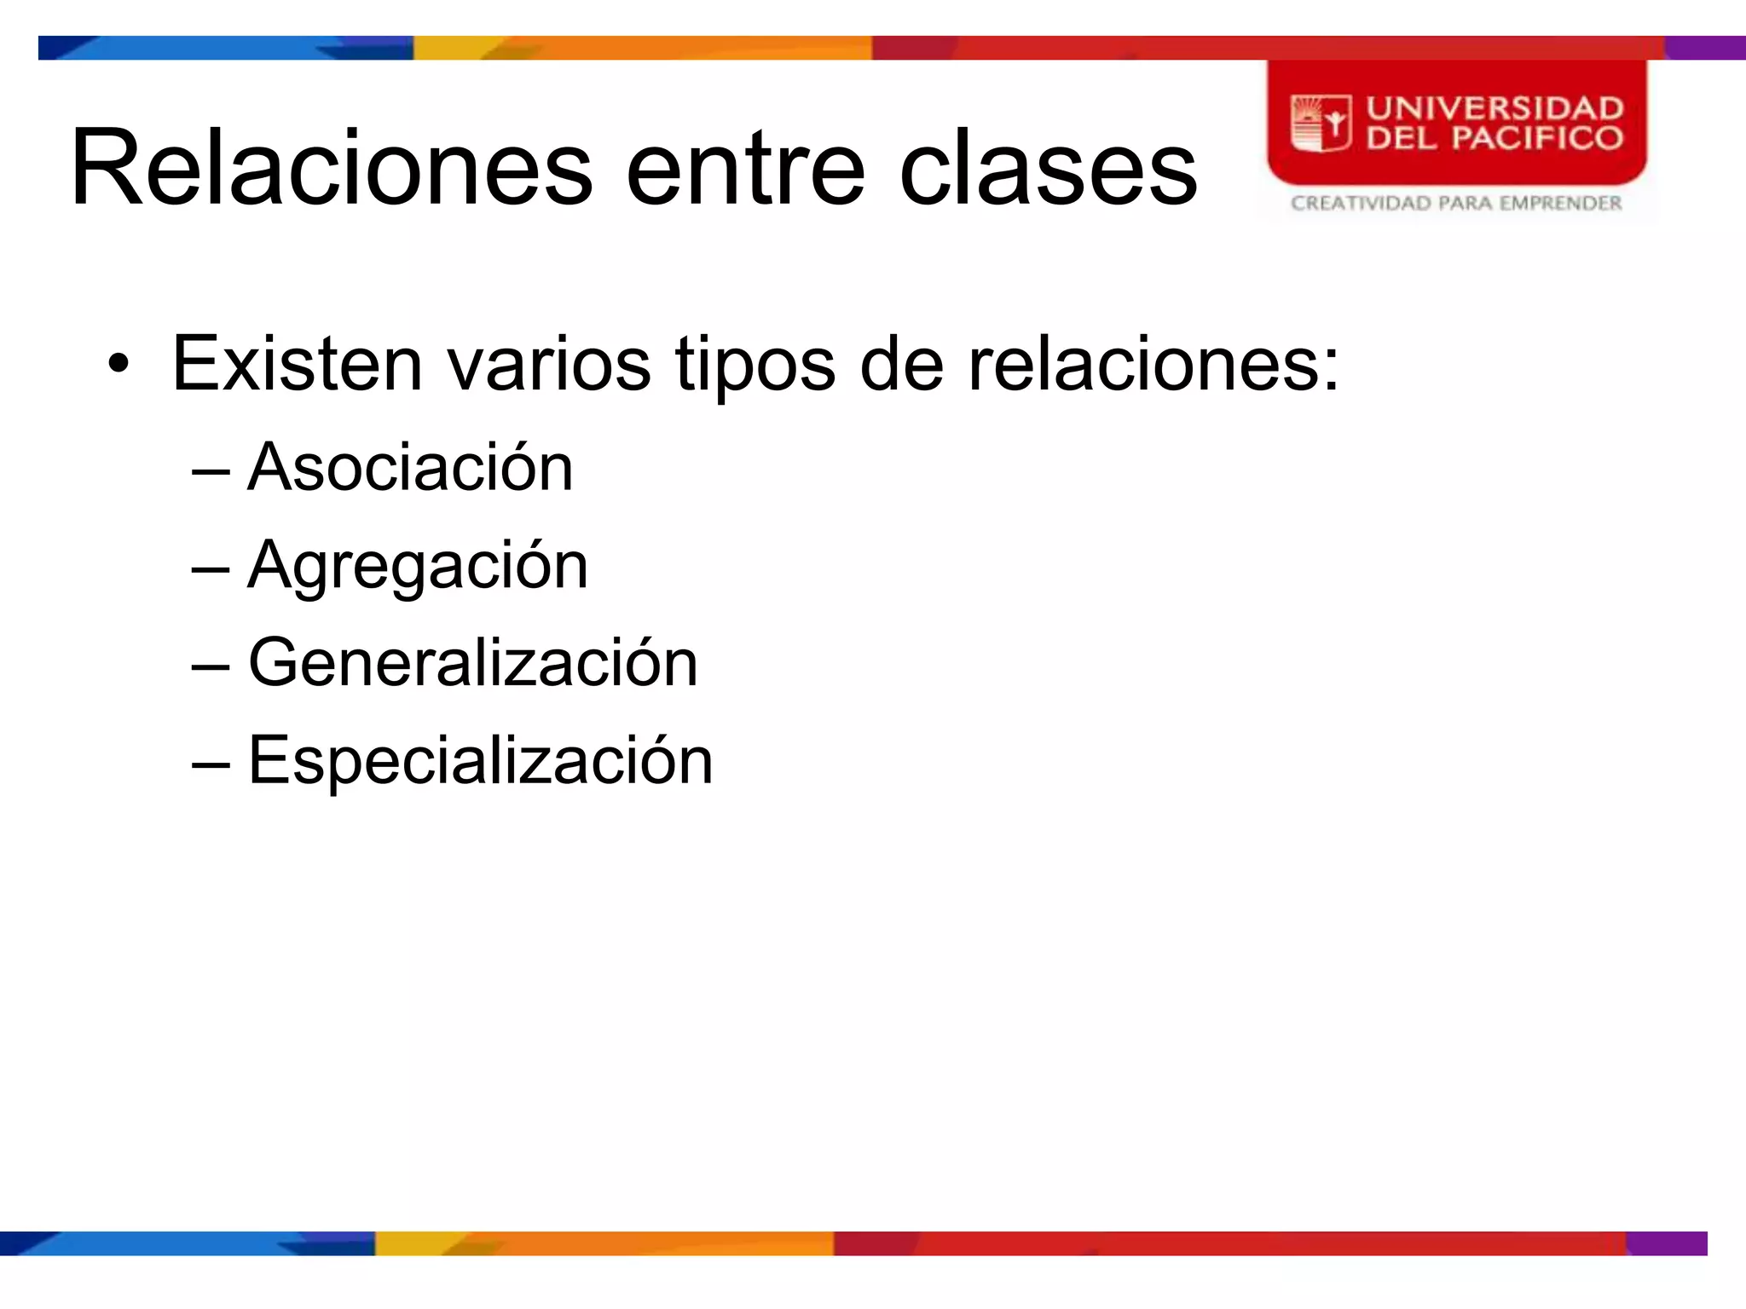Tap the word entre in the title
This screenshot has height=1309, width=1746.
click(x=745, y=169)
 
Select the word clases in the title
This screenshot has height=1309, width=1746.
click(x=1048, y=169)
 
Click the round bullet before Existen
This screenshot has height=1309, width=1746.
click(x=119, y=365)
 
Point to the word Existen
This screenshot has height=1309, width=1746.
click(x=298, y=365)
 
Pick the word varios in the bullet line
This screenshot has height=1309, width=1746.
click(x=549, y=365)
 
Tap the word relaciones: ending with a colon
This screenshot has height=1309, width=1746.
click(x=1153, y=365)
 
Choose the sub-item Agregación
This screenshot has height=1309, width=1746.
click(x=418, y=566)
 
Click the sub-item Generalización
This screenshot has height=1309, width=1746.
click(x=472, y=663)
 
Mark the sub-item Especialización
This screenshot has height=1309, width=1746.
click(x=480, y=760)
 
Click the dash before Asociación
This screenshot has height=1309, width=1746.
click(x=211, y=470)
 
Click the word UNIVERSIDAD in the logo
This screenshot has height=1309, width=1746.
click(x=1495, y=108)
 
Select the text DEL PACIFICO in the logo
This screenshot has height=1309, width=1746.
click(x=1495, y=138)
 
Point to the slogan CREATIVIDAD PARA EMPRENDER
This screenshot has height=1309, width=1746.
click(x=1455, y=203)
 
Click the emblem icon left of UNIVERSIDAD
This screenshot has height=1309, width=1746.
click(x=1321, y=124)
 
